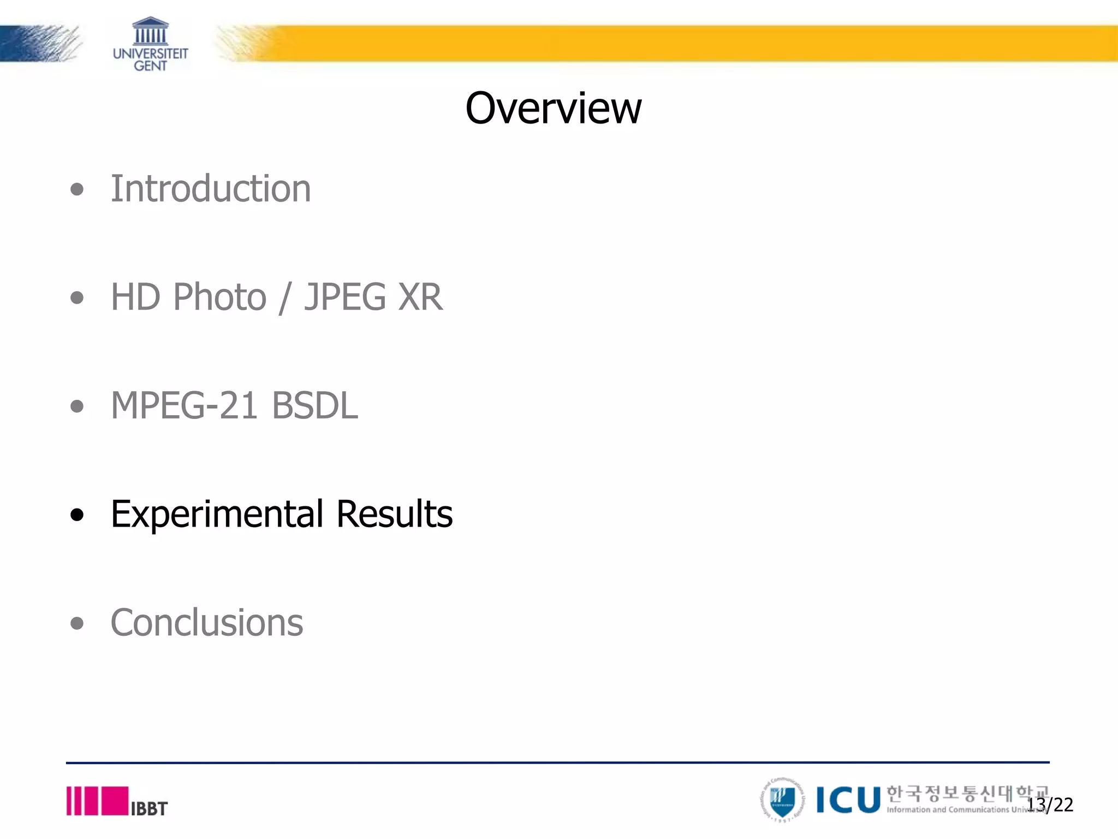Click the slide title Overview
click(x=553, y=108)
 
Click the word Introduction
click(x=211, y=188)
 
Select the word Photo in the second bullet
click(x=219, y=297)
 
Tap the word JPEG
click(x=345, y=297)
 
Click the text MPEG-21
click(x=184, y=406)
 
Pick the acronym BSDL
click(x=315, y=406)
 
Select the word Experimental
click(x=217, y=515)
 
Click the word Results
click(x=394, y=514)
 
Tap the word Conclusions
click(x=207, y=623)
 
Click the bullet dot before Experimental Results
click(x=78, y=515)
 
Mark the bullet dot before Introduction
click(x=78, y=190)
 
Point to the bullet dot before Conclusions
click(x=78, y=623)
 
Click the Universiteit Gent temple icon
click(x=151, y=31)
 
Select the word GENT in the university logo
click(x=151, y=66)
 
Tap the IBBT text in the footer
click(x=149, y=808)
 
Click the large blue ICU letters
click(x=848, y=800)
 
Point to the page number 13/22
click(x=1050, y=805)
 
